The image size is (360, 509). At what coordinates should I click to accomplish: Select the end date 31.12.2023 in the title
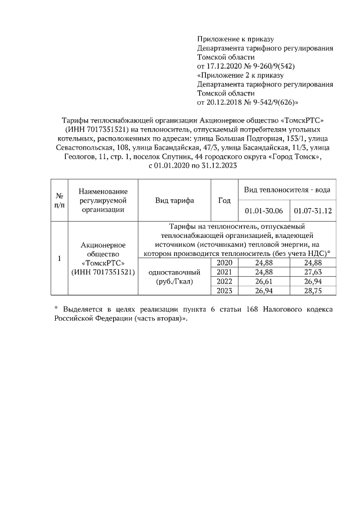tap(215, 166)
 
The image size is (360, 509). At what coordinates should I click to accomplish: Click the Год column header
tap(224, 201)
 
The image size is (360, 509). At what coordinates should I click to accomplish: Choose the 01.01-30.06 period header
tap(264, 210)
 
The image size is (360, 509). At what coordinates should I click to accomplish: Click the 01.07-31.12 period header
tap(312, 210)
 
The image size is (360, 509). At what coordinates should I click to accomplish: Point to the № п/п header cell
tap(59, 201)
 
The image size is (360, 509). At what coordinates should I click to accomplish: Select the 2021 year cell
tap(224, 272)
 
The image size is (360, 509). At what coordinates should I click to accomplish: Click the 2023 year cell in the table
tap(224, 290)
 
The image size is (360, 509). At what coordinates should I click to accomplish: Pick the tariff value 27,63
tap(312, 272)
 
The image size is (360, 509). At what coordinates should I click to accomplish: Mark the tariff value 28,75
tap(312, 290)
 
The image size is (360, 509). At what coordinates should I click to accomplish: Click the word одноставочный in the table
tap(174, 272)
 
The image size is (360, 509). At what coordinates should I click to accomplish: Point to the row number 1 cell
tap(59, 259)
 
